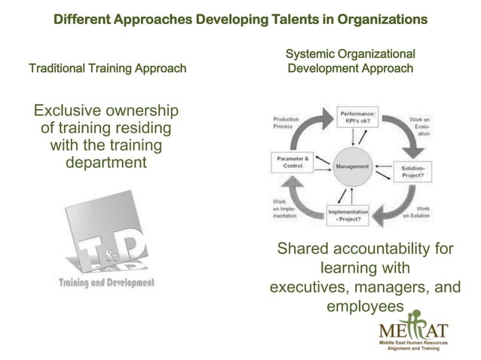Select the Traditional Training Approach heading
tap(107, 69)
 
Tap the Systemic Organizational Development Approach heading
tap(351, 61)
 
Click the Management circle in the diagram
tap(353, 166)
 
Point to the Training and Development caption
tap(107, 282)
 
